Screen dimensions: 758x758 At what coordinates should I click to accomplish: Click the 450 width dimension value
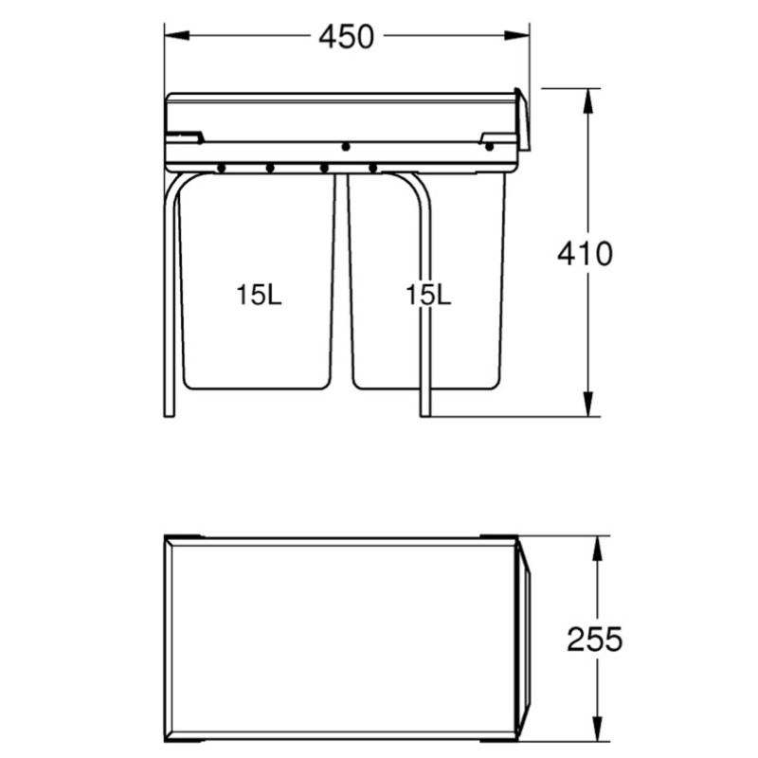tap(346, 37)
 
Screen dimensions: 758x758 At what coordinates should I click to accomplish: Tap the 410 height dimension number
tap(585, 254)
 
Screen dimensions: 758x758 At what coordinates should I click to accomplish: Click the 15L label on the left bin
tap(259, 295)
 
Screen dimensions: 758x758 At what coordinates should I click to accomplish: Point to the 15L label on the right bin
tap(428, 295)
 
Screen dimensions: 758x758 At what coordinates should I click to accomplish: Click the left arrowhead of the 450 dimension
tap(177, 35)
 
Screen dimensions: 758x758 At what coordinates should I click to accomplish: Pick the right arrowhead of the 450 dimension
tap(516, 35)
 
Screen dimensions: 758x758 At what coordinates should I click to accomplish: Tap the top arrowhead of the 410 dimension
tap(587, 101)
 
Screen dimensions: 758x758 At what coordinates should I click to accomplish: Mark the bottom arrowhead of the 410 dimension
tap(587, 404)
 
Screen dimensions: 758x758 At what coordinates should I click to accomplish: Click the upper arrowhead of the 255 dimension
tap(598, 549)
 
